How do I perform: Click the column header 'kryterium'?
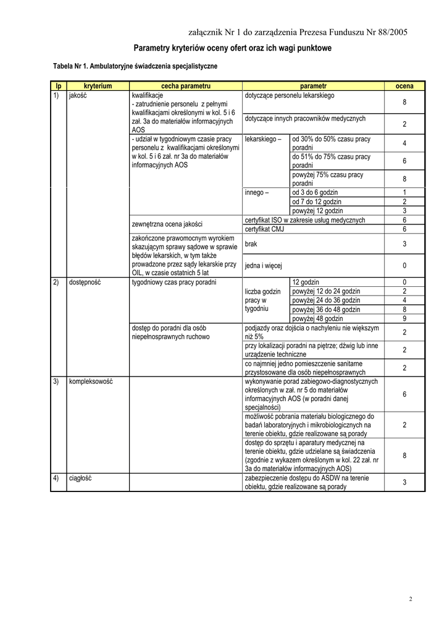(x=98, y=85)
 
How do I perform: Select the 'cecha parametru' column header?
(x=186, y=85)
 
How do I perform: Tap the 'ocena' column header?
(x=404, y=85)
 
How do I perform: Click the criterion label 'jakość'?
(x=78, y=96)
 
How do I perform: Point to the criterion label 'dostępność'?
(x=85, y=282)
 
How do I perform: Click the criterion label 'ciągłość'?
(x=80, y=478)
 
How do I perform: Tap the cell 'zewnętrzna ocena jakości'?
(x=167, y=224)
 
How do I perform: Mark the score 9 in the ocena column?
(x=404, y=318)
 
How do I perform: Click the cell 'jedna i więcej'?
(x=264, y=266)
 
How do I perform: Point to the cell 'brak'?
(x=251, y=245)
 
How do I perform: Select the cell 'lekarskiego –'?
(x=263, y=140)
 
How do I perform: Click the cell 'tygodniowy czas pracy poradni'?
(x=174, y=282)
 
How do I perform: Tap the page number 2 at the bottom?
(x=411, y=599)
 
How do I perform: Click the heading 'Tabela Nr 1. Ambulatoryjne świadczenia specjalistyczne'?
(x=135, y=65)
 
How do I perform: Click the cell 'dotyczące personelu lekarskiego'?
(x=290, y=96)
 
